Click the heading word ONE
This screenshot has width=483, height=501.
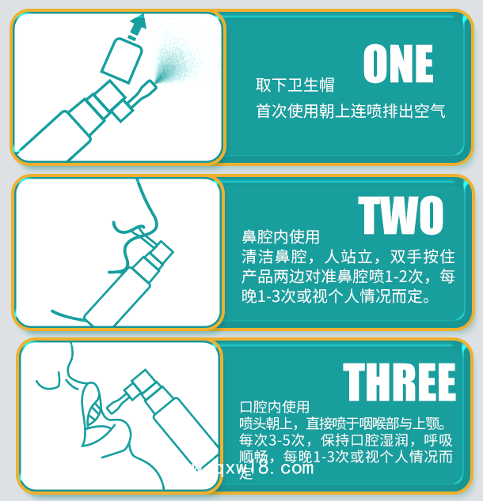click(x=397, y=65)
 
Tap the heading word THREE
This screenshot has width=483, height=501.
click(x=399, y=383)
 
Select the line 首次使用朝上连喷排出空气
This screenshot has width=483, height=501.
click(x=350, y=111)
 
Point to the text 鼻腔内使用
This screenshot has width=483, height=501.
click(x=280, y=237)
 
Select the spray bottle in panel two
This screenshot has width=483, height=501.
click(x=127, y=284)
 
